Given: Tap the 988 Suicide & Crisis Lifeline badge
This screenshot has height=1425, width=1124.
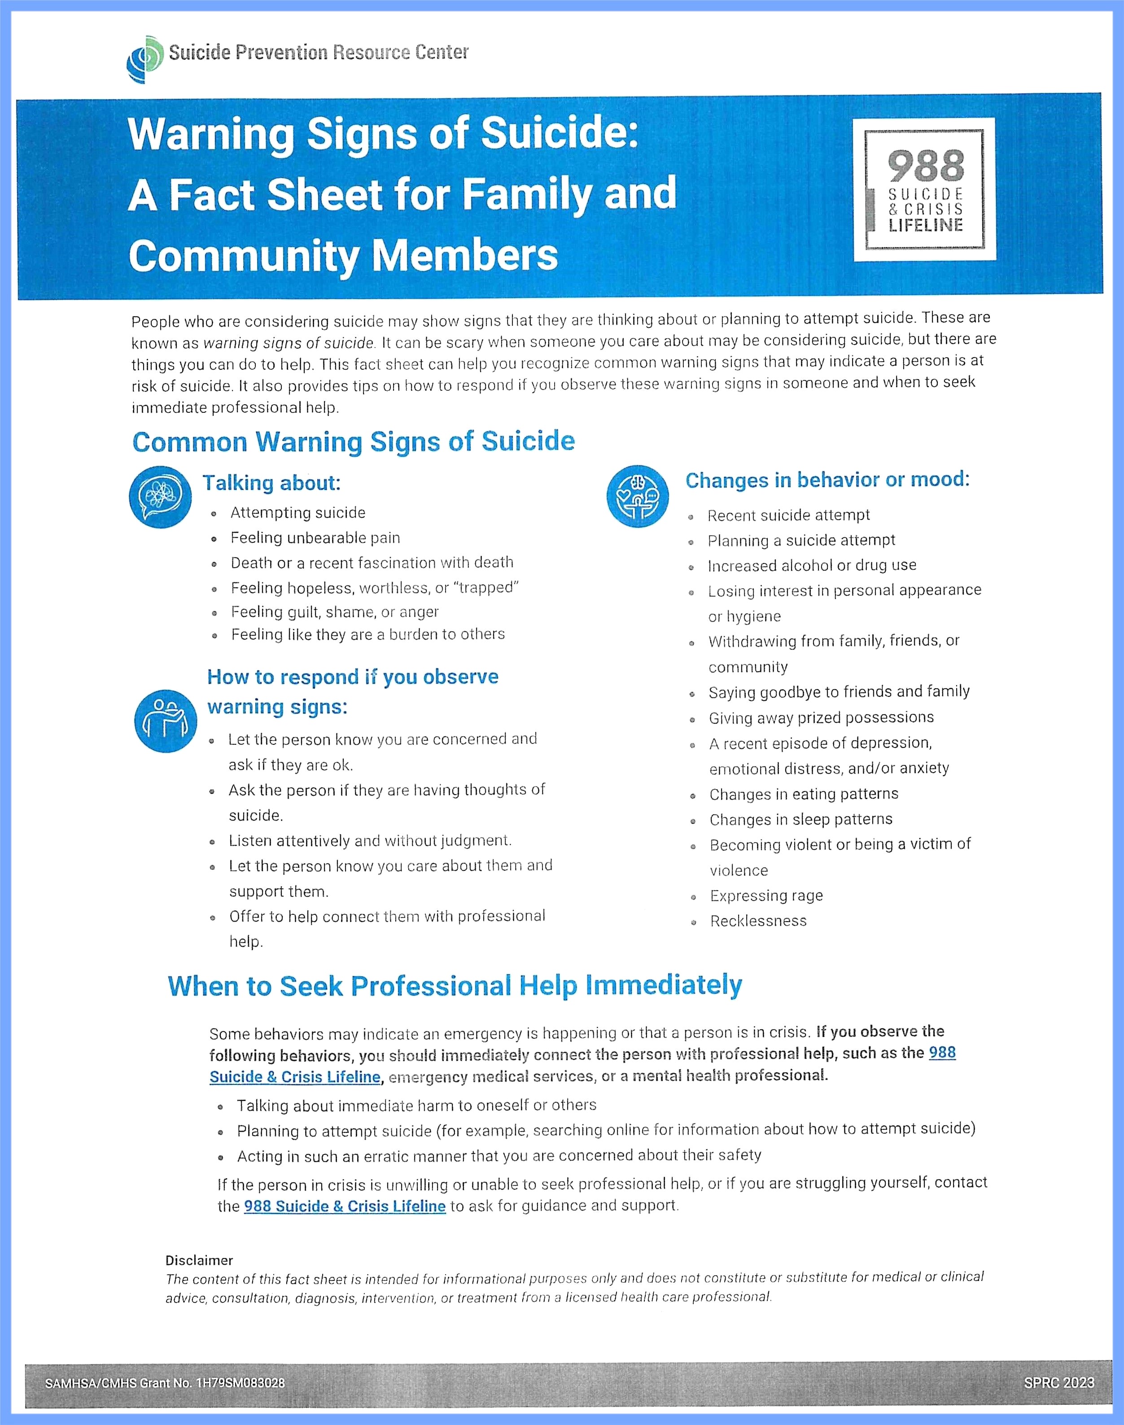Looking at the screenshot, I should point(925,189).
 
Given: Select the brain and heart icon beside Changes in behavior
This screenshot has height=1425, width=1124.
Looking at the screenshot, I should point(637,496).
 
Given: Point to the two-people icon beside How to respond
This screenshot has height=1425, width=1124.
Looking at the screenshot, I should point(165,721).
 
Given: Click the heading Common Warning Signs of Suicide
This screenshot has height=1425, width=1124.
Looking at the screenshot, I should point(354,441).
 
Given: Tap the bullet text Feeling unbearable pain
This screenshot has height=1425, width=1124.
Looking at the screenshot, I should point(315,538).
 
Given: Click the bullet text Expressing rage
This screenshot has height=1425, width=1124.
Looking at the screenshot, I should point(766,896).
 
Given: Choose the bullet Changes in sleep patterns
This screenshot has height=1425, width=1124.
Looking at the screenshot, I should point(801,819).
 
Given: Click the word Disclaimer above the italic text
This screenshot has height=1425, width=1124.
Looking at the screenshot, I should point(199,1260).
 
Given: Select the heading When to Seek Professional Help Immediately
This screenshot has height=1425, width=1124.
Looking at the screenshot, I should point(455,986).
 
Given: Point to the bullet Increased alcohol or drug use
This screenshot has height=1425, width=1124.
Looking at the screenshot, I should point(811,565).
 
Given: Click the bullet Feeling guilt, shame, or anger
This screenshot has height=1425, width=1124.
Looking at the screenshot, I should point(334,612).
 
